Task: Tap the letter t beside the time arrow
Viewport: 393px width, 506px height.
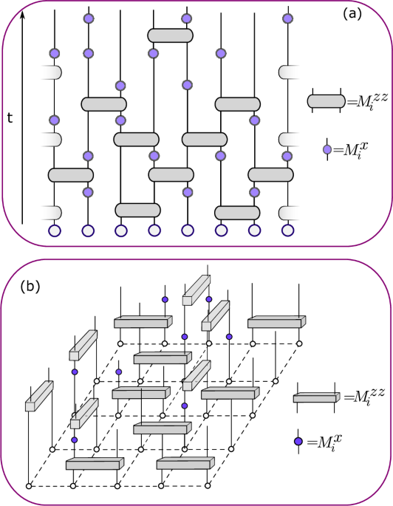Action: [10, 117]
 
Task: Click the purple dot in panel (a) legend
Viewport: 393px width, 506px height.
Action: [327, 148]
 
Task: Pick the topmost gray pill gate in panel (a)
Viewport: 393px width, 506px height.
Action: [171, 35]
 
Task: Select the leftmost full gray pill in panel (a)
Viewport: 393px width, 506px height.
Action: [71, 174]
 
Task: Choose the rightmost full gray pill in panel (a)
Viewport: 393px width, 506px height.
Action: [271, 174]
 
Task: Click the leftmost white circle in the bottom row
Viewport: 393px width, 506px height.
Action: [55, 230]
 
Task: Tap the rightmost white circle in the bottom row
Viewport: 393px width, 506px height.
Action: [288, 230]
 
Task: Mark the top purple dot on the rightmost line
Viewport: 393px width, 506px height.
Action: [288, 17]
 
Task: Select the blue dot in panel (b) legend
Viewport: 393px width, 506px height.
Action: [298, 442]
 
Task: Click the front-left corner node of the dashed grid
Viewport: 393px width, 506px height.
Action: [29, 485]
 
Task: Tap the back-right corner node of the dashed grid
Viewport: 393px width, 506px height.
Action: [299, 343]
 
